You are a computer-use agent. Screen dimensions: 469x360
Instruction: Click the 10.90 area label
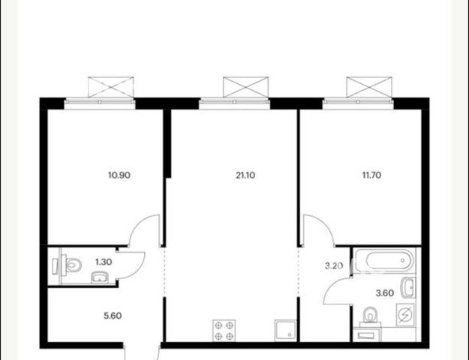119,175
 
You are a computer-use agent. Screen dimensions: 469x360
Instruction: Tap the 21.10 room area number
245,175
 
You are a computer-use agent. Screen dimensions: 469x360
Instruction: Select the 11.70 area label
371,175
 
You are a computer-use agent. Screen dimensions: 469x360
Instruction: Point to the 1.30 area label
104,262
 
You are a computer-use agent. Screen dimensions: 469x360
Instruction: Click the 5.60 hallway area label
113,316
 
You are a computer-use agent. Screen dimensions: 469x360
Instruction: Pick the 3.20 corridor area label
334,265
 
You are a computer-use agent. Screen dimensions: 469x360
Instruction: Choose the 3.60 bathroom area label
385,293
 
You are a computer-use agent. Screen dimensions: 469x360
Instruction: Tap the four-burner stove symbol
224,331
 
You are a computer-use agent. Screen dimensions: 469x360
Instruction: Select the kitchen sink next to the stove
285,331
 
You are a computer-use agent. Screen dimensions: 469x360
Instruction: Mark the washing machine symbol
405,314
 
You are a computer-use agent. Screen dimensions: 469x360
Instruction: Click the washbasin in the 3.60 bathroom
408,287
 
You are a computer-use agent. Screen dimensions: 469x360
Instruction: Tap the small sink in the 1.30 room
101,277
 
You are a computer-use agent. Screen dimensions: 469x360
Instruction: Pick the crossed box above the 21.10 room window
246,87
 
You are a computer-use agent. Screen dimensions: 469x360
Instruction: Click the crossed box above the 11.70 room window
369,87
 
